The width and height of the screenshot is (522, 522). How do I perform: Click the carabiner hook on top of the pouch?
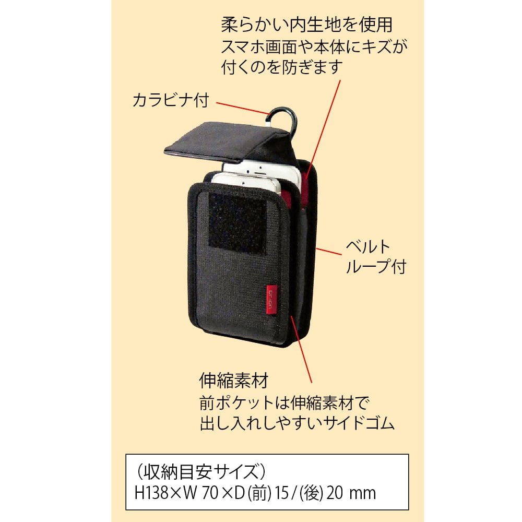tap(284, 117)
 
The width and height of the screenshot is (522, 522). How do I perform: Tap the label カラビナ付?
tap(171, 100)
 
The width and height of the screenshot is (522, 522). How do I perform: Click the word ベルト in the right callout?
tap(368, 246)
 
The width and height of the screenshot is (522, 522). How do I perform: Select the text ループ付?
tap(376, 267)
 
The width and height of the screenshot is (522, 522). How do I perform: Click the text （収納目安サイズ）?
tap(200, 472)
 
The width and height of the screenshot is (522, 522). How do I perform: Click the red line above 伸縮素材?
tap(303, 350)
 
